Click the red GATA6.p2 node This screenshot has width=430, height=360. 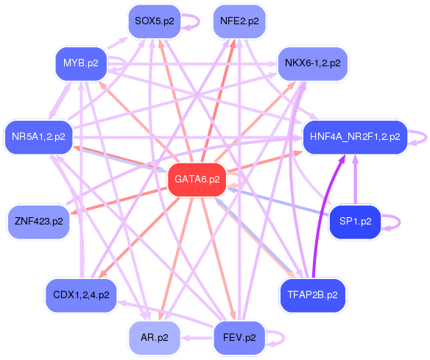[x=197, y=180]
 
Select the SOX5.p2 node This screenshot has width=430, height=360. [x=155, y=21]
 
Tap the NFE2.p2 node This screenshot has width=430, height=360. [x=239, y=21]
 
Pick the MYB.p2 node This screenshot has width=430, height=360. [x=81, y=63]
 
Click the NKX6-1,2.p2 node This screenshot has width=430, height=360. [x=313, y=63]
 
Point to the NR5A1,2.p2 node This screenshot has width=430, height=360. [x=39, y=137]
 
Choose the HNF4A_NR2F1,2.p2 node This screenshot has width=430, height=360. [x=355, y=137]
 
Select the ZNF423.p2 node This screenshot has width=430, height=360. [x=39, y=222]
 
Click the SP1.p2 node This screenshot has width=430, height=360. [x=355, y=222]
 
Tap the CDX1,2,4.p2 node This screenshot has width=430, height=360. [x=81, y=295]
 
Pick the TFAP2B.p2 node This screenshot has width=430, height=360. [x=313, y=295]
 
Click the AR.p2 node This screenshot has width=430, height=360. [x=155, y=338]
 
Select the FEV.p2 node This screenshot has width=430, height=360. [x=239, y=338]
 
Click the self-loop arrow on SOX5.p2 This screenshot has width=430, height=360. [x=199, y=21]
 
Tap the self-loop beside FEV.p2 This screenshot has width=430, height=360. [x=283, y=338]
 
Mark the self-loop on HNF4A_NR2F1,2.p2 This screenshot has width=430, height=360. [x=426, y=137]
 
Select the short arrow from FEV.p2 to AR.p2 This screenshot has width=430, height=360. [x=197, y=338]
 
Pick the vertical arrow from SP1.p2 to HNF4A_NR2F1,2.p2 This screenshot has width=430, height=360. [x=356, y=180]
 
